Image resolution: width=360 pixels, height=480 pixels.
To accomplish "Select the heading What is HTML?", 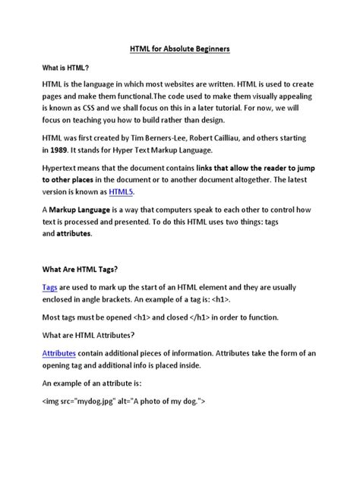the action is coord(65,68).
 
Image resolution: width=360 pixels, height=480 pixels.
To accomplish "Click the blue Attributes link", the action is coord(63,354).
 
